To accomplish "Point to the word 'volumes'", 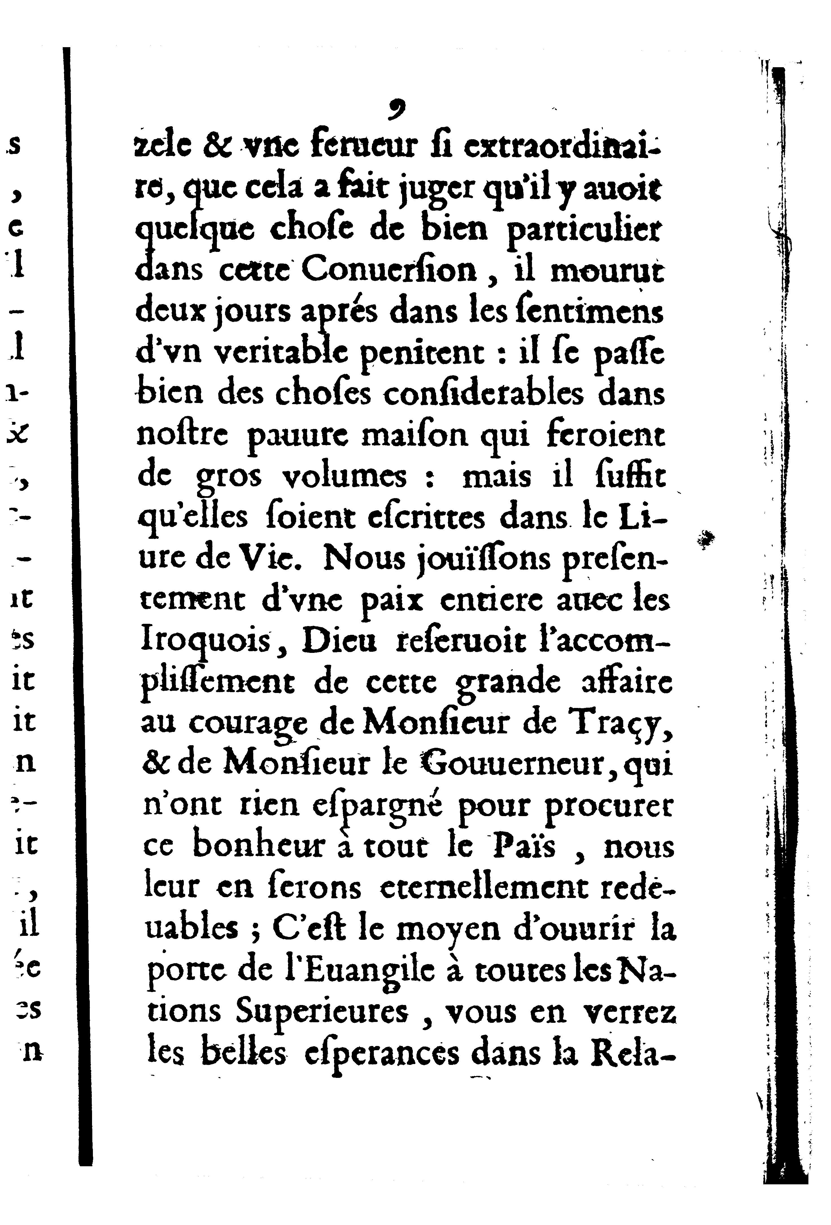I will coord(345,476).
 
